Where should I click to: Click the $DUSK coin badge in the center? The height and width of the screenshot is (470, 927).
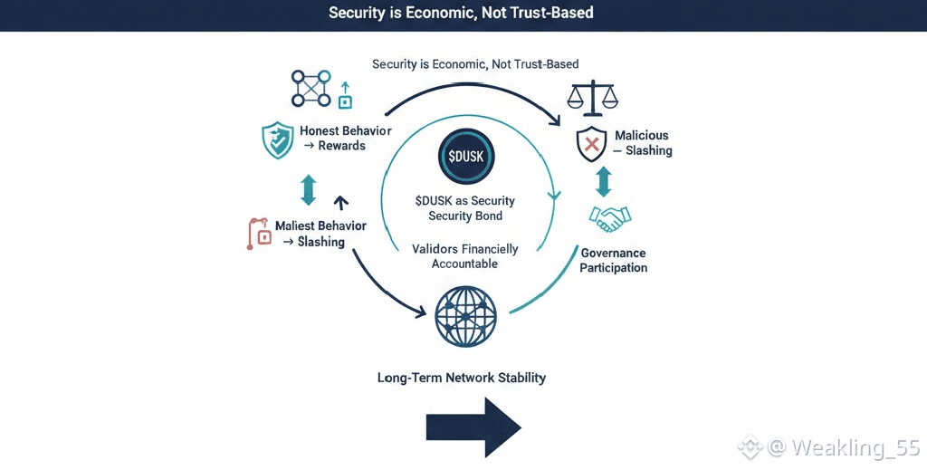(x=465, y=155)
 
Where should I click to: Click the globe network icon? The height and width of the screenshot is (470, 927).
(x=465, y=316)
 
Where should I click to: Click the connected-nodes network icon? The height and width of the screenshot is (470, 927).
(x=311, y=88)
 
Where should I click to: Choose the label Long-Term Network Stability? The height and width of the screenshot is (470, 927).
(x=462, y=377)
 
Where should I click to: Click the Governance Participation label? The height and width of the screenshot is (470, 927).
(x=614, y=261)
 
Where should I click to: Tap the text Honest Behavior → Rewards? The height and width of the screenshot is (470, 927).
(x=346, y=139)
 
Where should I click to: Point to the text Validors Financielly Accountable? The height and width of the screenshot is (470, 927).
(x=464, y=255)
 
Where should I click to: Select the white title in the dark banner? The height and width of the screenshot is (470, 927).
(x=462, y=14)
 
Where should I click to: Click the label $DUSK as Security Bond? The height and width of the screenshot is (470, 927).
(x=464, y=208)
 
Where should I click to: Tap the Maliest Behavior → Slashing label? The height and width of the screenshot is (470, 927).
(x=320, y=234)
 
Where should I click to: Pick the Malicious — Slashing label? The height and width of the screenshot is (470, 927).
(x=642, y=143)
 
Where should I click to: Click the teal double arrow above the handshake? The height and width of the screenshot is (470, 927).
(x=604, y=181)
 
